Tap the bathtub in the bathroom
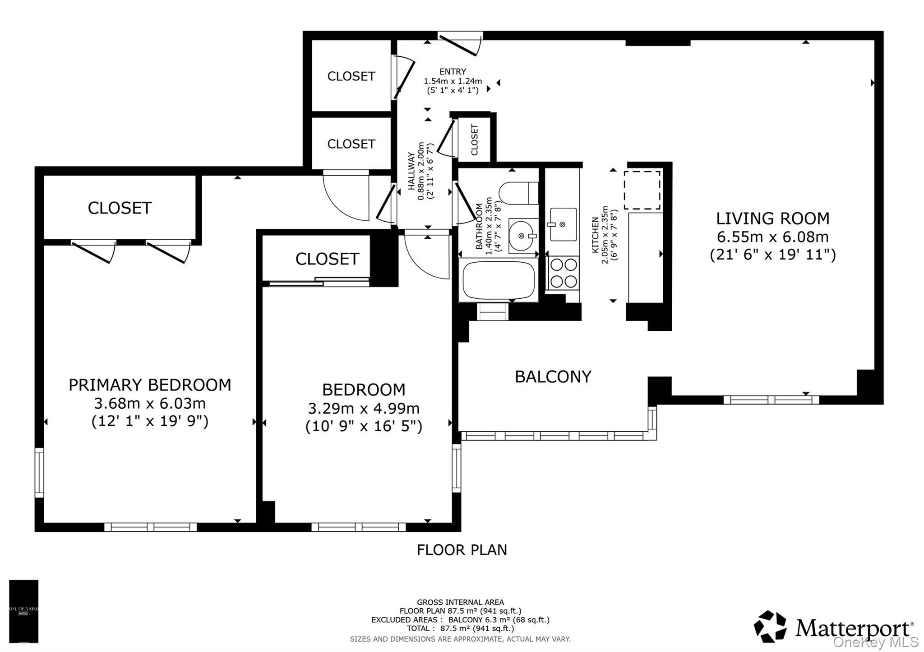point(498,280)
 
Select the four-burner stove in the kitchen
point(564,273)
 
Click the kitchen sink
point(563,224)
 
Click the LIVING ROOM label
point(772,219)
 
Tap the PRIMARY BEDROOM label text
point(149,385)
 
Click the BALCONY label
point(553,377)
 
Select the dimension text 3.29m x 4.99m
point(364,409)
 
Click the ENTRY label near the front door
point(453,72)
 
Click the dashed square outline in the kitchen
point(642,190)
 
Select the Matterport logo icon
point(770,626)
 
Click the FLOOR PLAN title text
point(462,550)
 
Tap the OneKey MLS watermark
point(875,642)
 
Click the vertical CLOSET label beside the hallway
point(474,140)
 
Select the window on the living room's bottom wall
point(771,400)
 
